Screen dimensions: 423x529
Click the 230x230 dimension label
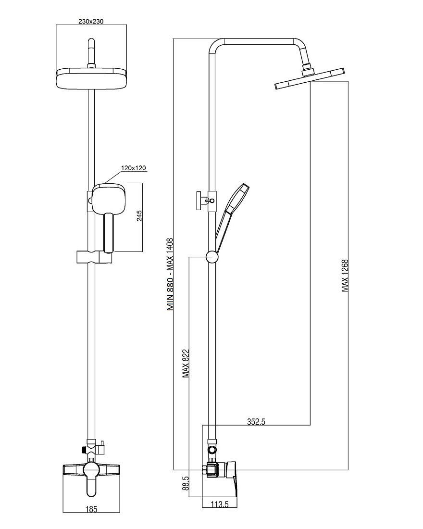pyautogui.click(x=91, y=22)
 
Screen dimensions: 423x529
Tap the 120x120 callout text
pyautogui.click(x=134, y=168)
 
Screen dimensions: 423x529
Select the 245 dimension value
pyautogui.click(x=139, y=216)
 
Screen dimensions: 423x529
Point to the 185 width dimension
pyautogui.click(x=91, y=509)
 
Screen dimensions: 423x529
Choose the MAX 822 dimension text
pyautogui.click(x=186, y=363)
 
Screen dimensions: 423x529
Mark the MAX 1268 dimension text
pyautogui.click(x=345, y=276)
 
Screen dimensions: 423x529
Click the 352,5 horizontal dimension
pyautogui.click(x=256, y=422)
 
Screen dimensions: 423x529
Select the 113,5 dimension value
pyautogui.click(x=220, y=504)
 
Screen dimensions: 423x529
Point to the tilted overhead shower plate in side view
pyautogui.click(x=310, y=79)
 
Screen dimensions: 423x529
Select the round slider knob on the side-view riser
pyautogui.click(x=212, y=257)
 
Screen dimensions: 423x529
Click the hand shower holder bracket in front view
pyautogui.click(x=94, y=257)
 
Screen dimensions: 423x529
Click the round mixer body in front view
pyautogui.click(x=91, y=470)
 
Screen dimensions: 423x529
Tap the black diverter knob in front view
pyautogui.click(x=83, y=450)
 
